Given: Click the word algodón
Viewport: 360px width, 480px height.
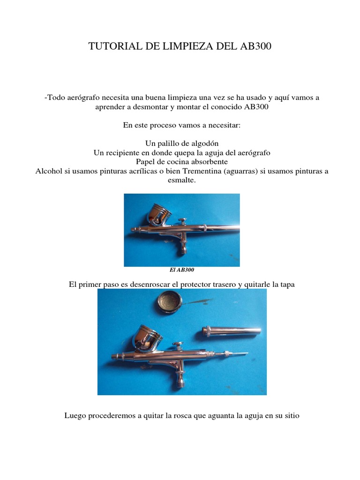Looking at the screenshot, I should pyautogui.click(x=205, y=143).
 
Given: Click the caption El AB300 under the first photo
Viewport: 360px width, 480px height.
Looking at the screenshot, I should pyautogui.click(x=181, y=270).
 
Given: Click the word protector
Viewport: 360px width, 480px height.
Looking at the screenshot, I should pyautogui.click(x=206, y=285).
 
